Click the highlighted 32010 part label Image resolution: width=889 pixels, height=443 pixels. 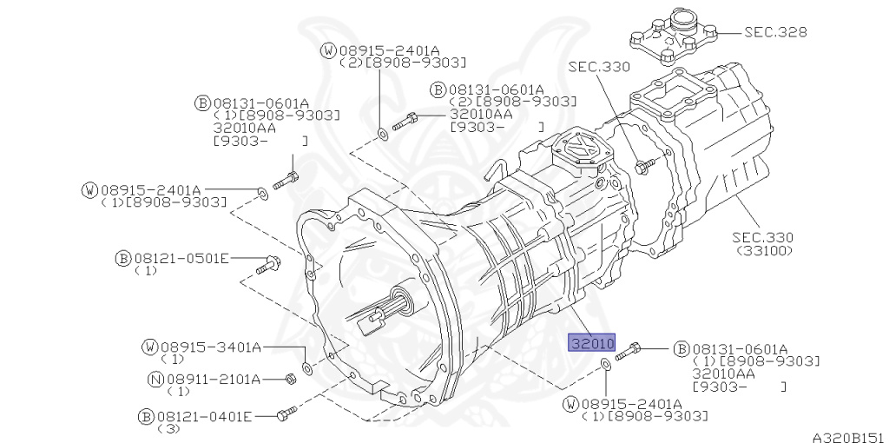(x=591, y=342)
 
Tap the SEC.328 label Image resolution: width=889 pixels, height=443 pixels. (x=775, y=32)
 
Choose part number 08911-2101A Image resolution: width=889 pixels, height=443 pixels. (x=213, y=379)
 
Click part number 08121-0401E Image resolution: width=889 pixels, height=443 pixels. (x=205, y=416)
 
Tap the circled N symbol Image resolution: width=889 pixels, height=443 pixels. (x=156, y=379)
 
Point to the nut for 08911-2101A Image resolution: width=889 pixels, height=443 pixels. (x=291, y=378)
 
